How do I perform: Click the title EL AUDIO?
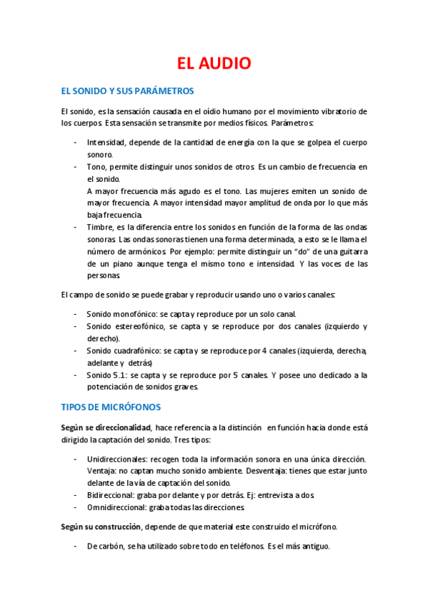click(214, 63)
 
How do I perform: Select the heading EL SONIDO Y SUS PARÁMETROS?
click(128, 91)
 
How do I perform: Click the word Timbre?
click(99, 227)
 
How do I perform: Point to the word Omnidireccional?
click(119, 507)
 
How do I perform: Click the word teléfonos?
click(242, 546)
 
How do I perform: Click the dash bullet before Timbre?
click(76, 227)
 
